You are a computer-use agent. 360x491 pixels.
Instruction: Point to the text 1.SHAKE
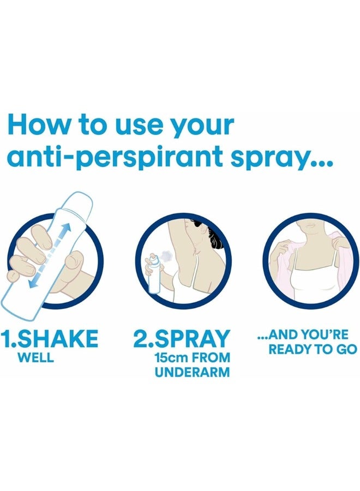pos(50,339)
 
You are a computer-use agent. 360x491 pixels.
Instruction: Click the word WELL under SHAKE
pos(35,358)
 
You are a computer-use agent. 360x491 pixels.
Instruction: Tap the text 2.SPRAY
pos(182,339)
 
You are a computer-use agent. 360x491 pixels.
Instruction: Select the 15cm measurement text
pos(171,358)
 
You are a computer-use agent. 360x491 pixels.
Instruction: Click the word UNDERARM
pos(192,373)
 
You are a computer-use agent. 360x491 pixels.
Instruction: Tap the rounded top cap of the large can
pos(79,199)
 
